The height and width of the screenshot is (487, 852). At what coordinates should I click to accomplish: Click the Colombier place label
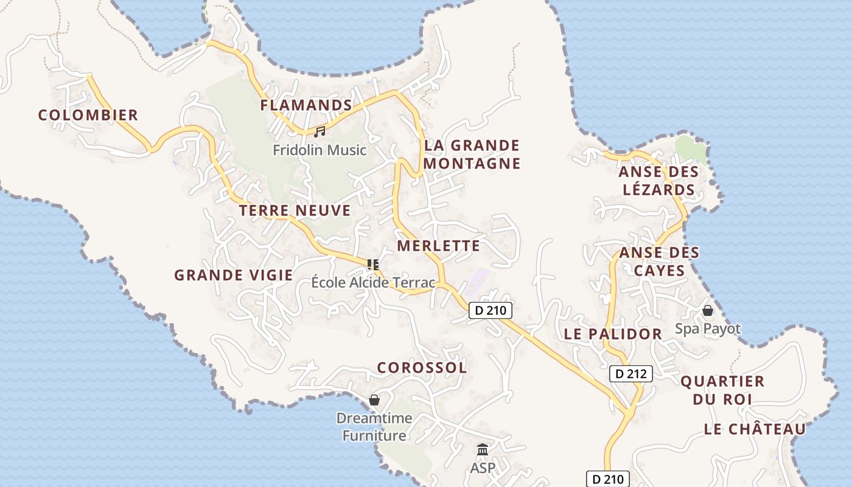pos(88,115)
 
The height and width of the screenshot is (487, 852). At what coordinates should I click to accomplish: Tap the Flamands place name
pos(306,105)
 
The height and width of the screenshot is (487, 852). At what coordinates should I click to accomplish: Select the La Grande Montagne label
pos(472,155)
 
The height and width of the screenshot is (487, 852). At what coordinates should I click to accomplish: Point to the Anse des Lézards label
pos(658,181)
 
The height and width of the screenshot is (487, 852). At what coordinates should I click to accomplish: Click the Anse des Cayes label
pos(659,261)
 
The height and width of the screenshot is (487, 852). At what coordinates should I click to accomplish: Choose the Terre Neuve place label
pos(295,211)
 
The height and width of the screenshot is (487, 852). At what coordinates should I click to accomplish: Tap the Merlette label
pos(439,246)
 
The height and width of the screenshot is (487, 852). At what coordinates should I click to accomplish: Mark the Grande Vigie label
pos(234,275)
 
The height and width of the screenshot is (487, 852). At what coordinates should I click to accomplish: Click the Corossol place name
pos(422,368)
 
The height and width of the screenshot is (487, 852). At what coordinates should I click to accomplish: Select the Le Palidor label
pos(613,334)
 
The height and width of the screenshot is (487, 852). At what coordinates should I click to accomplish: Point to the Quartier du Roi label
pos(722,390)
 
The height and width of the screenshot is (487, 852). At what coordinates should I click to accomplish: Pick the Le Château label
pos(755,429)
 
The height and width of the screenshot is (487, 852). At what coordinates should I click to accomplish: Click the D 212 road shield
pos(631,374)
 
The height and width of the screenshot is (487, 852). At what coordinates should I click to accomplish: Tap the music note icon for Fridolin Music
pos(319,131)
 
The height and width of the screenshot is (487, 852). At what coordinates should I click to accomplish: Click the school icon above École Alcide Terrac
pos(373,264)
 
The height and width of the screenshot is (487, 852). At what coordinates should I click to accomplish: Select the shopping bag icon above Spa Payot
pos(708,310)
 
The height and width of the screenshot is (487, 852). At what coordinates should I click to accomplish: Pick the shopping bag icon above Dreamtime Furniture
pos(374,400)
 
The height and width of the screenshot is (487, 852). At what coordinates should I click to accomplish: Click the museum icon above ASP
pos(483,450)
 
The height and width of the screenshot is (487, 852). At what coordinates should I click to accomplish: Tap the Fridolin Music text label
pos(319,150)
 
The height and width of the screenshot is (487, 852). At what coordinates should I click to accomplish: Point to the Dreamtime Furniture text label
pos(374,427)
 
